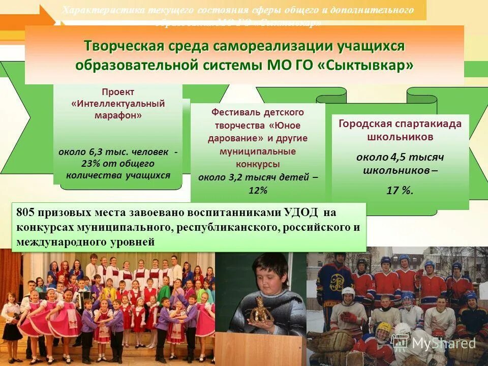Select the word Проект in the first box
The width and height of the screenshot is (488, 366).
pyautogui.click(x=118, y=92)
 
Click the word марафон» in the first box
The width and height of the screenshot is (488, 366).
pyautogui.click(x=118, y=115)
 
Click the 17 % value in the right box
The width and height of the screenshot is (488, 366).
pyautogui.click(x=400, y=191)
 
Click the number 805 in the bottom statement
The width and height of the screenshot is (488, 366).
pyautogui.click(x=26, y=212)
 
